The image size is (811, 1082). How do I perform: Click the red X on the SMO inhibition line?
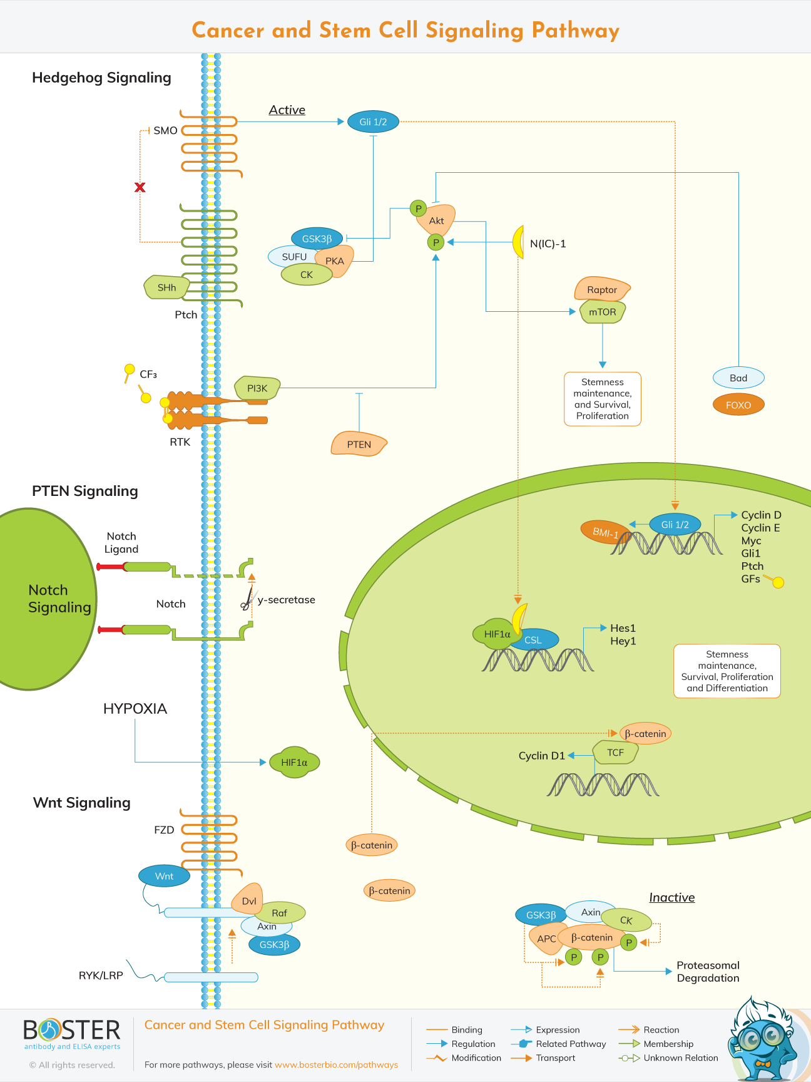coord(140,187)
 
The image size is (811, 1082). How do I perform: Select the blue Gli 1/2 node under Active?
coord(373,122)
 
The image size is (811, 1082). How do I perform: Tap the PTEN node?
coord(359,444)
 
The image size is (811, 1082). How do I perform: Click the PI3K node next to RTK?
coord(257,388)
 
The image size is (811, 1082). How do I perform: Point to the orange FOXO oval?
coord(738,404)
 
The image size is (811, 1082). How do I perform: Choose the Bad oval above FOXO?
coord(738,378)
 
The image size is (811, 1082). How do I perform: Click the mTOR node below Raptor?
coord(602,312)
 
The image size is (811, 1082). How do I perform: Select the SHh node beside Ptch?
coord(166,287)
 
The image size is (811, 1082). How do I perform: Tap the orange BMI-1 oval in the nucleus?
coord(604,532)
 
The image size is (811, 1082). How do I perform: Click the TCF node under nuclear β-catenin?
coord(615,753)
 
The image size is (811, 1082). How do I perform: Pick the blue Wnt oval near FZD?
coord(164,876)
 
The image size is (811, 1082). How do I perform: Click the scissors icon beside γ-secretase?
coord(248,600)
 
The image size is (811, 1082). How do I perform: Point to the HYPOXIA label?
coord(135,709)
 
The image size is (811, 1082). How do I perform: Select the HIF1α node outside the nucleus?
coord(294,762)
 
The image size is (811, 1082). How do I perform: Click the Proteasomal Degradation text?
coord(708,972)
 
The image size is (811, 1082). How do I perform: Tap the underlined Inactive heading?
coord(671,897)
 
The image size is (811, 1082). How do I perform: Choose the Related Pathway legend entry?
coord(571,1044)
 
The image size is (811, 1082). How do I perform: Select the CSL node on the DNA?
coord(533,640)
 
